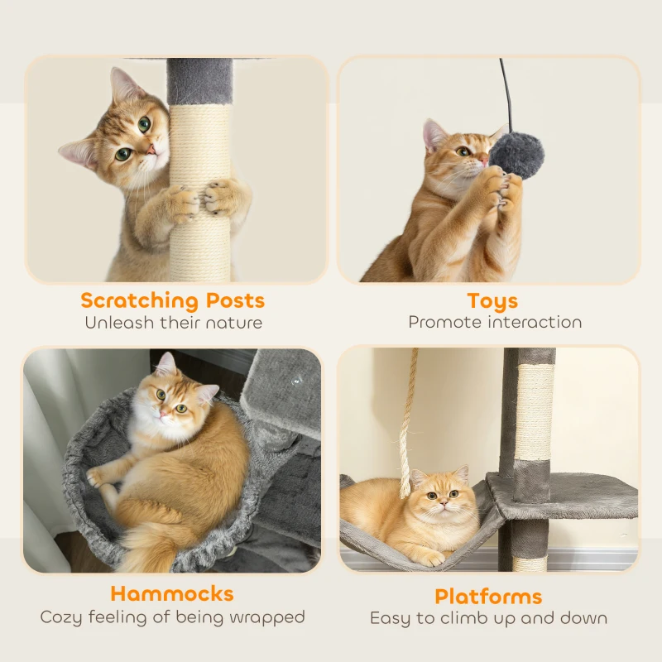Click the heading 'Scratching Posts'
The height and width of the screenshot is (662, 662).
pos(173,300)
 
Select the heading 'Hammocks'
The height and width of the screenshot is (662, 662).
pos(172,593)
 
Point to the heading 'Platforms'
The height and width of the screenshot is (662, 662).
pos(488,596)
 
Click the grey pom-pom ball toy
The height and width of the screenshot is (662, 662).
pos(515,154)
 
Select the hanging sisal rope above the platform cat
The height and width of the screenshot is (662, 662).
pos(407,422)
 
